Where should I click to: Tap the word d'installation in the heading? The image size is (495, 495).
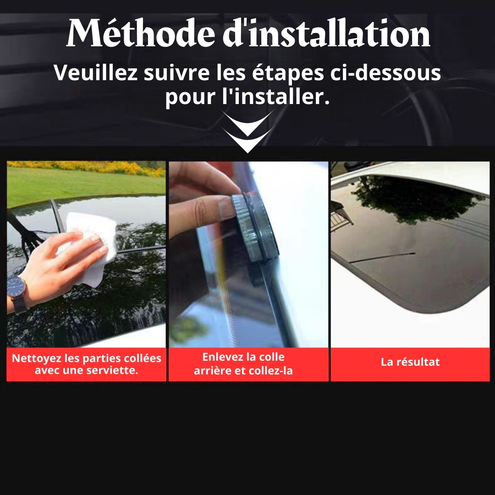tap(326, 33)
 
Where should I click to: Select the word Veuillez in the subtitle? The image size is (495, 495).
tap(95, 72)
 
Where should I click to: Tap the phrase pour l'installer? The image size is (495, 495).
tap(247, 97)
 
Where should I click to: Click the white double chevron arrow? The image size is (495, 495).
tap(247, 131)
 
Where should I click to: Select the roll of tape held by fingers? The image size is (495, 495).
tap(255, 227)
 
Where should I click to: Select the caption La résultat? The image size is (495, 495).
tap(410, 362)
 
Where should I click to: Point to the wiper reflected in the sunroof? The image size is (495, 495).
tap(382, 257)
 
